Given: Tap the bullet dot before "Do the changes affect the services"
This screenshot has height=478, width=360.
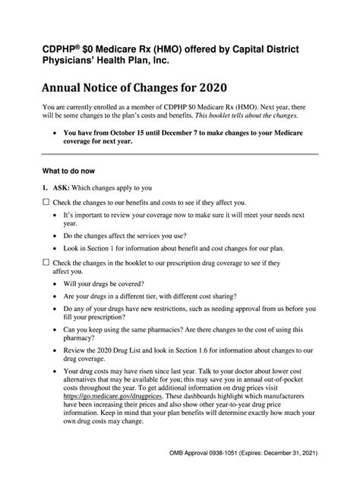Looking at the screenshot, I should (59, 236).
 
